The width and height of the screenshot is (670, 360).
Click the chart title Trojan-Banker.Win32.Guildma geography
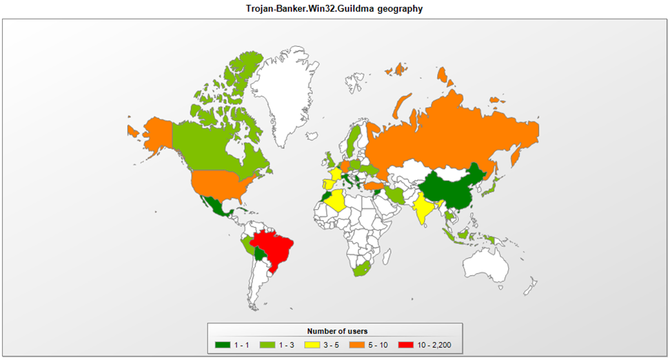coord(334,8)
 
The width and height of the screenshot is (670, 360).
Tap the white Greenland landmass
coord(286,83)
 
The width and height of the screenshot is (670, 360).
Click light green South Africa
coord(362,269)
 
